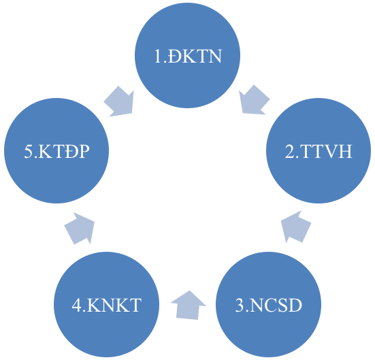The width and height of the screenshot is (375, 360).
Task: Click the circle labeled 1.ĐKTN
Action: click(188, 55)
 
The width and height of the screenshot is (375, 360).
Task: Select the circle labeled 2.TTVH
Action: click(319, 150)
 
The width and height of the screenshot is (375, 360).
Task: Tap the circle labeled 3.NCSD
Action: click(268, 304)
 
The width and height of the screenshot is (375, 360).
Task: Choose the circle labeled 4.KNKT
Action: click(106, 304)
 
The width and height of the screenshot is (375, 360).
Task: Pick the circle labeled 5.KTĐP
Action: click(56, 150)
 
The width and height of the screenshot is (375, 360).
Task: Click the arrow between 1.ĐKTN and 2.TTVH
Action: click(254, 100)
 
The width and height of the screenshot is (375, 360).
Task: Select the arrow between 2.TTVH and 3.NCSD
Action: click(296, 227)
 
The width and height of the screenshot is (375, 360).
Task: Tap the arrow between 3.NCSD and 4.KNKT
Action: click(189, 306)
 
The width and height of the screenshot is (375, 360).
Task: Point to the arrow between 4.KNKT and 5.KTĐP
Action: click(80, 229)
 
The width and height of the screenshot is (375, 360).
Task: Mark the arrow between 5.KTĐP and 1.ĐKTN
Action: click(119, 101)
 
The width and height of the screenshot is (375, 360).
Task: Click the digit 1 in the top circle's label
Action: click(158, 56)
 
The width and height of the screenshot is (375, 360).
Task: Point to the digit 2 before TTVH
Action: click(290, 151)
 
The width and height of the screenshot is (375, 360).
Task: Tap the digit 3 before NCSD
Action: click(240, 305)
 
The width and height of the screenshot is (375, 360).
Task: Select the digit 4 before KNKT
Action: click(77, 305)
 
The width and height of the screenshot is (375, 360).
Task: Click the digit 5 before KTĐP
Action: click(29, 151)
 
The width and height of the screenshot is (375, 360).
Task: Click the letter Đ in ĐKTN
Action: click(175, 56)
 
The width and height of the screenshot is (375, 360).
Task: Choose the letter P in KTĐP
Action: click(84, 151)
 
